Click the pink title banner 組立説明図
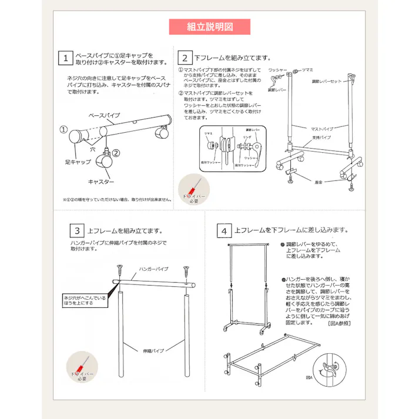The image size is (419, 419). pyautogui.click(x=209, y=27)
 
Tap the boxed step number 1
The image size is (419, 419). pyautogui.click(x=66, y=58)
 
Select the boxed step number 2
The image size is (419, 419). pyautogui.click(x=185, y=58)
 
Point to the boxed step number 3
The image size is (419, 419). pyautogui.click(x=78, y=231)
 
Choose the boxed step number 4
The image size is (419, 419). pyautogui.click(x=224, y=231)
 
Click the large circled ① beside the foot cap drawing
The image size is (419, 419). pyautogui.click(x=63, y=129)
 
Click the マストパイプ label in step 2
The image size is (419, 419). pyautogui.click(x=322, y=128)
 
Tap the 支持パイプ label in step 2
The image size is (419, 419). pyautogui.click(x=322, y=137)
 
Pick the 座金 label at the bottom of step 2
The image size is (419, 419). pyautogui.click(x=320, y=183)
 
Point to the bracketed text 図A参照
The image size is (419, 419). pyautogui.click(x=339, y=324)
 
